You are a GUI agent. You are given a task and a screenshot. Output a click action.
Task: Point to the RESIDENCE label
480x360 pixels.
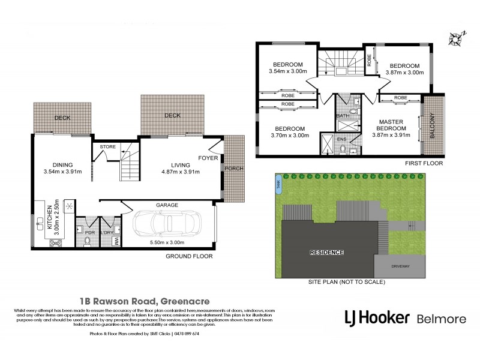click(327, 252)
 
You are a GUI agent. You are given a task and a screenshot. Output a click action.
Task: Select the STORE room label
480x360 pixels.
click(107, 146)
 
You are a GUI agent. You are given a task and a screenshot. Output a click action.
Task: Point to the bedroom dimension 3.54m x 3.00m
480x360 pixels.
click(288, 72)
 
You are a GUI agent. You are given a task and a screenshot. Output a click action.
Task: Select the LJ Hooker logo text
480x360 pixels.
click(376, 317)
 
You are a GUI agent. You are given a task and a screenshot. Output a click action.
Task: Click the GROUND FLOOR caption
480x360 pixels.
click(189, 256)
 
